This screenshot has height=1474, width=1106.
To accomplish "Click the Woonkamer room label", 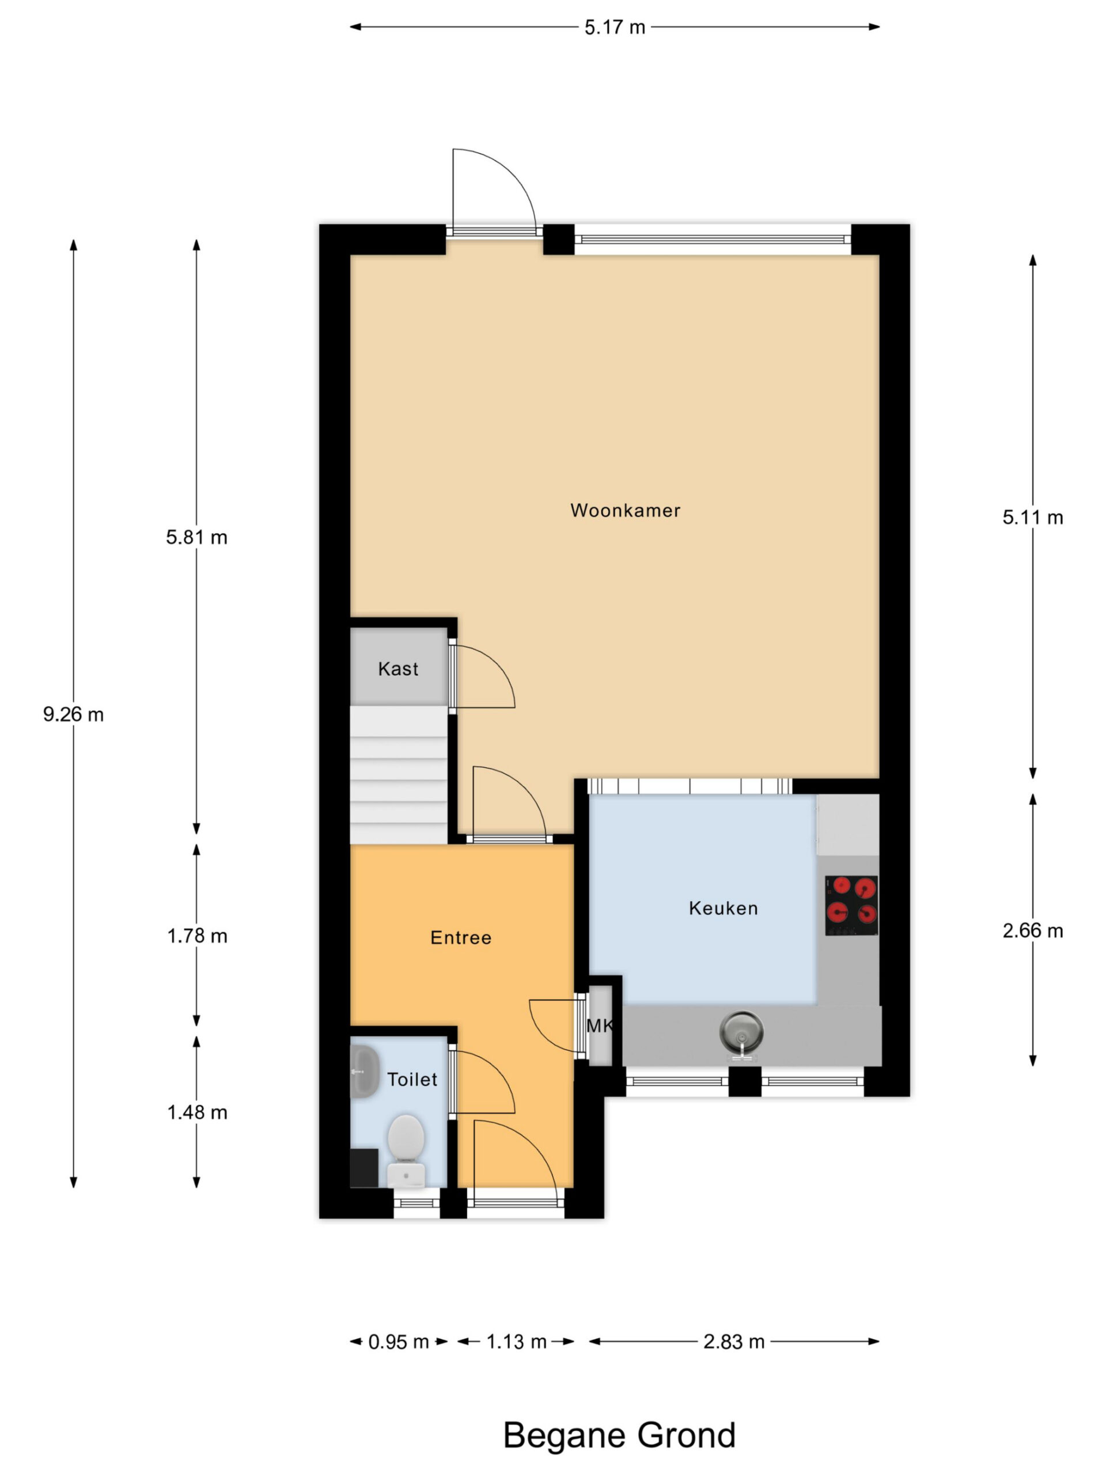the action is [624, 511].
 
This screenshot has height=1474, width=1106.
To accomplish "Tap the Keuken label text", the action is [724, 908].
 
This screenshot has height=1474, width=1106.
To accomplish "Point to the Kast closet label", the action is [398, 668].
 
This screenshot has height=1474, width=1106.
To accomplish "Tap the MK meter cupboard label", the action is [599, 1025].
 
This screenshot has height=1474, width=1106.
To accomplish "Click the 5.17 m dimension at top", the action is [615, 27].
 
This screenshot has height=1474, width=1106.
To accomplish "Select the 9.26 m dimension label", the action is [73, 715].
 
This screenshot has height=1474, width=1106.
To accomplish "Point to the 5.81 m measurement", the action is [196, 537].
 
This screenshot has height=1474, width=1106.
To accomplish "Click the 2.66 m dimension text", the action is [1033, 931].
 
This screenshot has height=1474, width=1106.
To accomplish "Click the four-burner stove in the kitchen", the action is [851, 906].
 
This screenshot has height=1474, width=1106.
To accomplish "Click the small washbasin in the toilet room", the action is [364, 1071].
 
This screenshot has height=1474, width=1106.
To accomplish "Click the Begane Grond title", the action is [619, 1435].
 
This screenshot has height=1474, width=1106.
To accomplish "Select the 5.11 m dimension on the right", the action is [1033, 517].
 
